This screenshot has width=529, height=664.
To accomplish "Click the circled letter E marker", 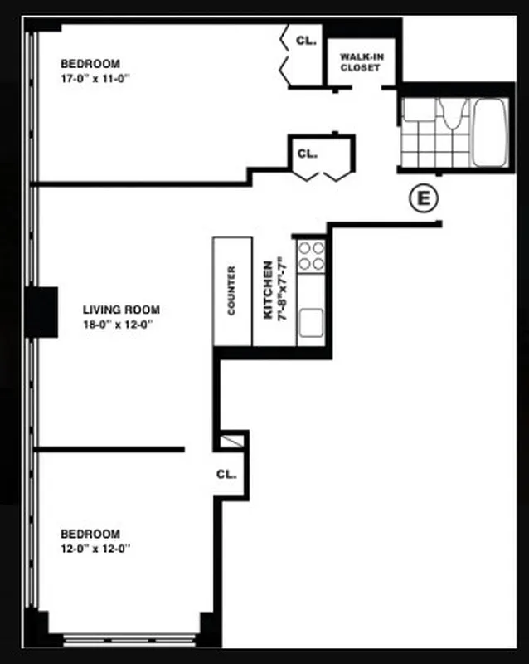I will click(x=424, y=198).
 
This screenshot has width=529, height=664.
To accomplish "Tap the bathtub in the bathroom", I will click(x=490, y=133).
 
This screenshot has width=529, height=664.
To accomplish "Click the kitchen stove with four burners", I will click(x=312, y=256).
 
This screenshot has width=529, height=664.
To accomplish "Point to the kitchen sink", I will click(x=312, y=320).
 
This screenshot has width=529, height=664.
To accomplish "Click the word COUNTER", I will click(x=232, y=291).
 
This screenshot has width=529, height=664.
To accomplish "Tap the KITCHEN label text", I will click(x=269, y=290).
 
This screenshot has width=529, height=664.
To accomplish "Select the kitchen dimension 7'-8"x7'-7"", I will click(x=284, y=290).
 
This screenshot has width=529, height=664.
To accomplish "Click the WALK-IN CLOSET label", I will click(x=360, y=62).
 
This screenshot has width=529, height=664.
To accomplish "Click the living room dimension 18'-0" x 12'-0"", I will click(x=118, y=325).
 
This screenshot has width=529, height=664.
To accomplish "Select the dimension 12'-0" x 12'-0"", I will click(x=96, y=548).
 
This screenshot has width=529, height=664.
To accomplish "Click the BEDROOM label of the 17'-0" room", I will click(x=90, y=63).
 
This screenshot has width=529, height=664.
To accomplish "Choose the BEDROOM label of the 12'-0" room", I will click(x=90, y=534).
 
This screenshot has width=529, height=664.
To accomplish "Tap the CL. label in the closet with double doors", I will click(x=308, y=154).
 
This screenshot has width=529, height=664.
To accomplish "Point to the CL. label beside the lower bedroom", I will click(x=226, y=475).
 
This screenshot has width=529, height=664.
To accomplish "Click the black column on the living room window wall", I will click(x=41, y=311).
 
